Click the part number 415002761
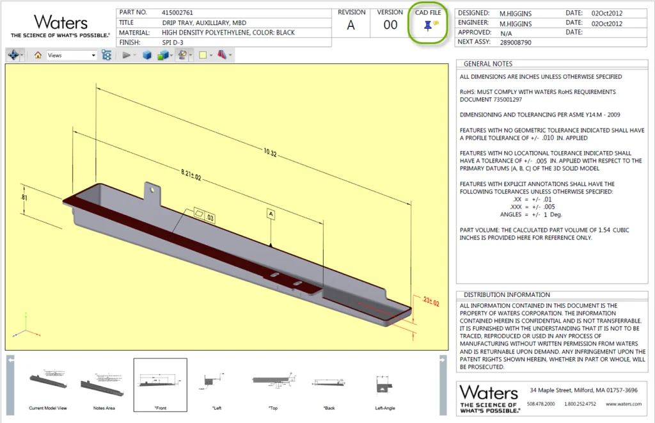178,12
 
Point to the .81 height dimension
24,198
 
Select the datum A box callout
271,214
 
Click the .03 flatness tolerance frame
204,216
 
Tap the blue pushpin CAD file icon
427,26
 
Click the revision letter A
351,26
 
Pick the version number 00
390,26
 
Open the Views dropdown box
72,56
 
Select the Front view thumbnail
160,384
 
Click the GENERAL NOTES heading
488,64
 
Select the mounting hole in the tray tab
153,189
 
